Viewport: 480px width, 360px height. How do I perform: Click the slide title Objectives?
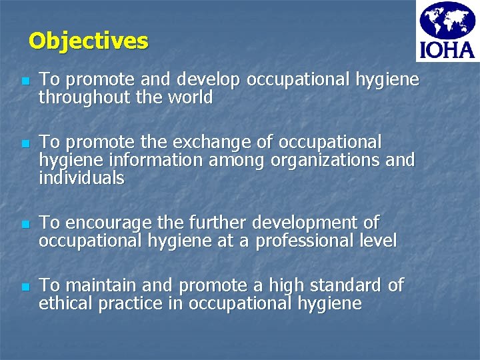[x=88, y=41]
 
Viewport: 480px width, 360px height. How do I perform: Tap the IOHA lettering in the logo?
[x=446, y=50]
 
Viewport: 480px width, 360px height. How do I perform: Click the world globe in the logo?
[x=446, y=21]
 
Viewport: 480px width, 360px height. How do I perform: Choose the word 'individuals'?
[x=81, y=179]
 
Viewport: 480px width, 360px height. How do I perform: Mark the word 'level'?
[x=379, y=241]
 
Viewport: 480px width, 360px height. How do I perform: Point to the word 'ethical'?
[x=66, y=304]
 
